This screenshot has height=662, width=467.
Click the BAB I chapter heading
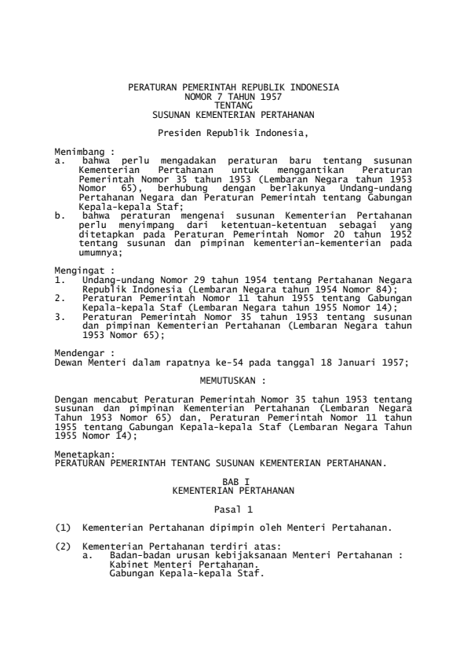232,482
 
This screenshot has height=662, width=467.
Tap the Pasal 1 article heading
232,509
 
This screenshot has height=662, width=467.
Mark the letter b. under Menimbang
59,215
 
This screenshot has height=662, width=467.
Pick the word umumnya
101,252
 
